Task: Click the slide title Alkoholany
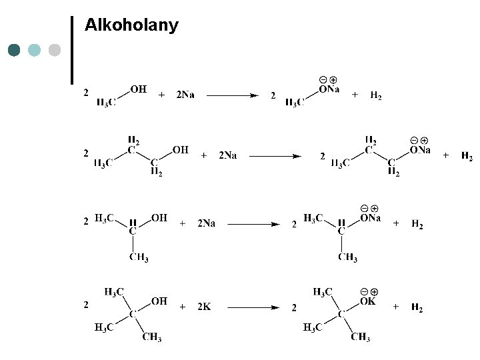[x=132, y=26]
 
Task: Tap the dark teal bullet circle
[x=15, y=50]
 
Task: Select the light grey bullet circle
[x=55, y=50]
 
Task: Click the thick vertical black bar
[x=71, y=50]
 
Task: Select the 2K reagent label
[x=203, y=307]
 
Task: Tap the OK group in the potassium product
[x=368, y=301]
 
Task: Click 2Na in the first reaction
[x=185, y=95]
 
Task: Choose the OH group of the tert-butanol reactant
[x=159, y=301]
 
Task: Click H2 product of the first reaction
[x=376, y=96]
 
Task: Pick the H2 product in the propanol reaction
[x=467, y=157]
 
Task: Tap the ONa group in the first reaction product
[x=329, y=89]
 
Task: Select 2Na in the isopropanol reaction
[x=206, y=224]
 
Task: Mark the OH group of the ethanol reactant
[x=139, y=89]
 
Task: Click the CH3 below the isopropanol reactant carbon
[x=139, y=258]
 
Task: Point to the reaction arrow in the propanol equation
[x=275, y=156]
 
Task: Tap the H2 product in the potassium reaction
[x=417, y=307]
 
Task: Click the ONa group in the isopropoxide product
[x=370, y=218]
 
